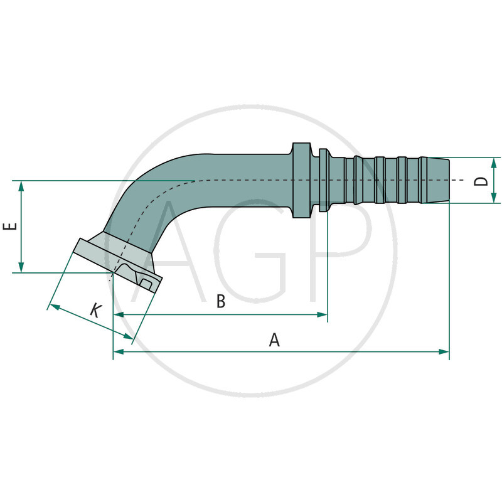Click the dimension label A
click(274, 340)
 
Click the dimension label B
click(221, 302)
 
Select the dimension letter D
click(481, 181)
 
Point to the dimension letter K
click(95, 310)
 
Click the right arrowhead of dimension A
click(445, 351)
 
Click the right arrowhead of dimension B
click(323, 314)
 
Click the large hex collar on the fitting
click(301, 181)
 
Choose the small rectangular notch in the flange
click(146, 284)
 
